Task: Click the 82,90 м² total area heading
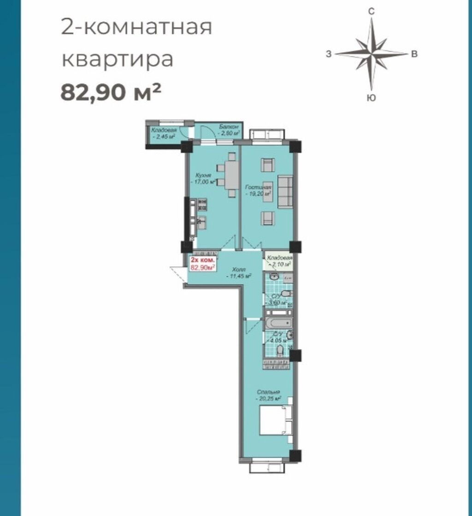click(111, 92)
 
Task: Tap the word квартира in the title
click(118, 60)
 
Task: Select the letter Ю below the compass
click(371, 97)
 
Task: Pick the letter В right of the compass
click(414, 54)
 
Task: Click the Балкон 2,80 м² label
click(229, 130)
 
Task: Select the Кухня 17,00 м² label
click(203, 179)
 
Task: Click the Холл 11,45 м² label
click(239, 272)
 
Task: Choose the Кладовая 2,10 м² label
click(279, 261)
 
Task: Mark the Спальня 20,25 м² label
click(269, 395)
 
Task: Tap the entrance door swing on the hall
click(177, 275)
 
